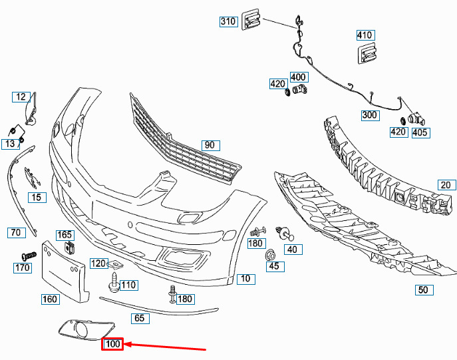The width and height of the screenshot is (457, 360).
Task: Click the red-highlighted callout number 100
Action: [x=112, y=344]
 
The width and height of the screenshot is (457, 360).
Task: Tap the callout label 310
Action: [x=229, y=21]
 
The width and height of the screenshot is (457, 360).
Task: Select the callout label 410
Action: [x=365, y=35]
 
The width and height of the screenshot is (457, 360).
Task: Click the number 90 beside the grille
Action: [x=211, y=145]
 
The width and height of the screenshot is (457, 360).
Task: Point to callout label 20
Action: [x=446, y=185]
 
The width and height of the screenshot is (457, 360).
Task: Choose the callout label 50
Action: [x=424, y=289]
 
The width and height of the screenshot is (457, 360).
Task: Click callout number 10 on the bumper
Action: [x=246, y=279]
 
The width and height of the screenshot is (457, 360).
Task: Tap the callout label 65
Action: [x=140, y=318]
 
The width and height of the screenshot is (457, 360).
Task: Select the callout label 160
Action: [x=50, y=299]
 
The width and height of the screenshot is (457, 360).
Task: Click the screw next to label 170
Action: [x=29, y=256]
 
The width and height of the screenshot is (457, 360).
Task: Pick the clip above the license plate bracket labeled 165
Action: [x=69, y=248]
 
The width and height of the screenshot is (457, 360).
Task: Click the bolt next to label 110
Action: [x=114, y=281]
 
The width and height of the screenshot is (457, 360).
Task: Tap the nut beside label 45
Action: [x=270, y=256]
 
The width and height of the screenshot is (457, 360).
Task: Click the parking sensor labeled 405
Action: [x=416, y=118]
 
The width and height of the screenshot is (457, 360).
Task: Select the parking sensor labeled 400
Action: [x=299, y=89]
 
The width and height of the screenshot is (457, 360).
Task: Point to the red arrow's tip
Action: [x=125, y=345]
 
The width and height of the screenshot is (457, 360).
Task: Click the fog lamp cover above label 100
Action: [x=87, y=330]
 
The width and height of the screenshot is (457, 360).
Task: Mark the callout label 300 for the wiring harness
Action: [x=370, y=115]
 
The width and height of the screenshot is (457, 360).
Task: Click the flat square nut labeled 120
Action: [x=116, y=264]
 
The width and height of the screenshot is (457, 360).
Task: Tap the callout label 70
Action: [x=17, y=232]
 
